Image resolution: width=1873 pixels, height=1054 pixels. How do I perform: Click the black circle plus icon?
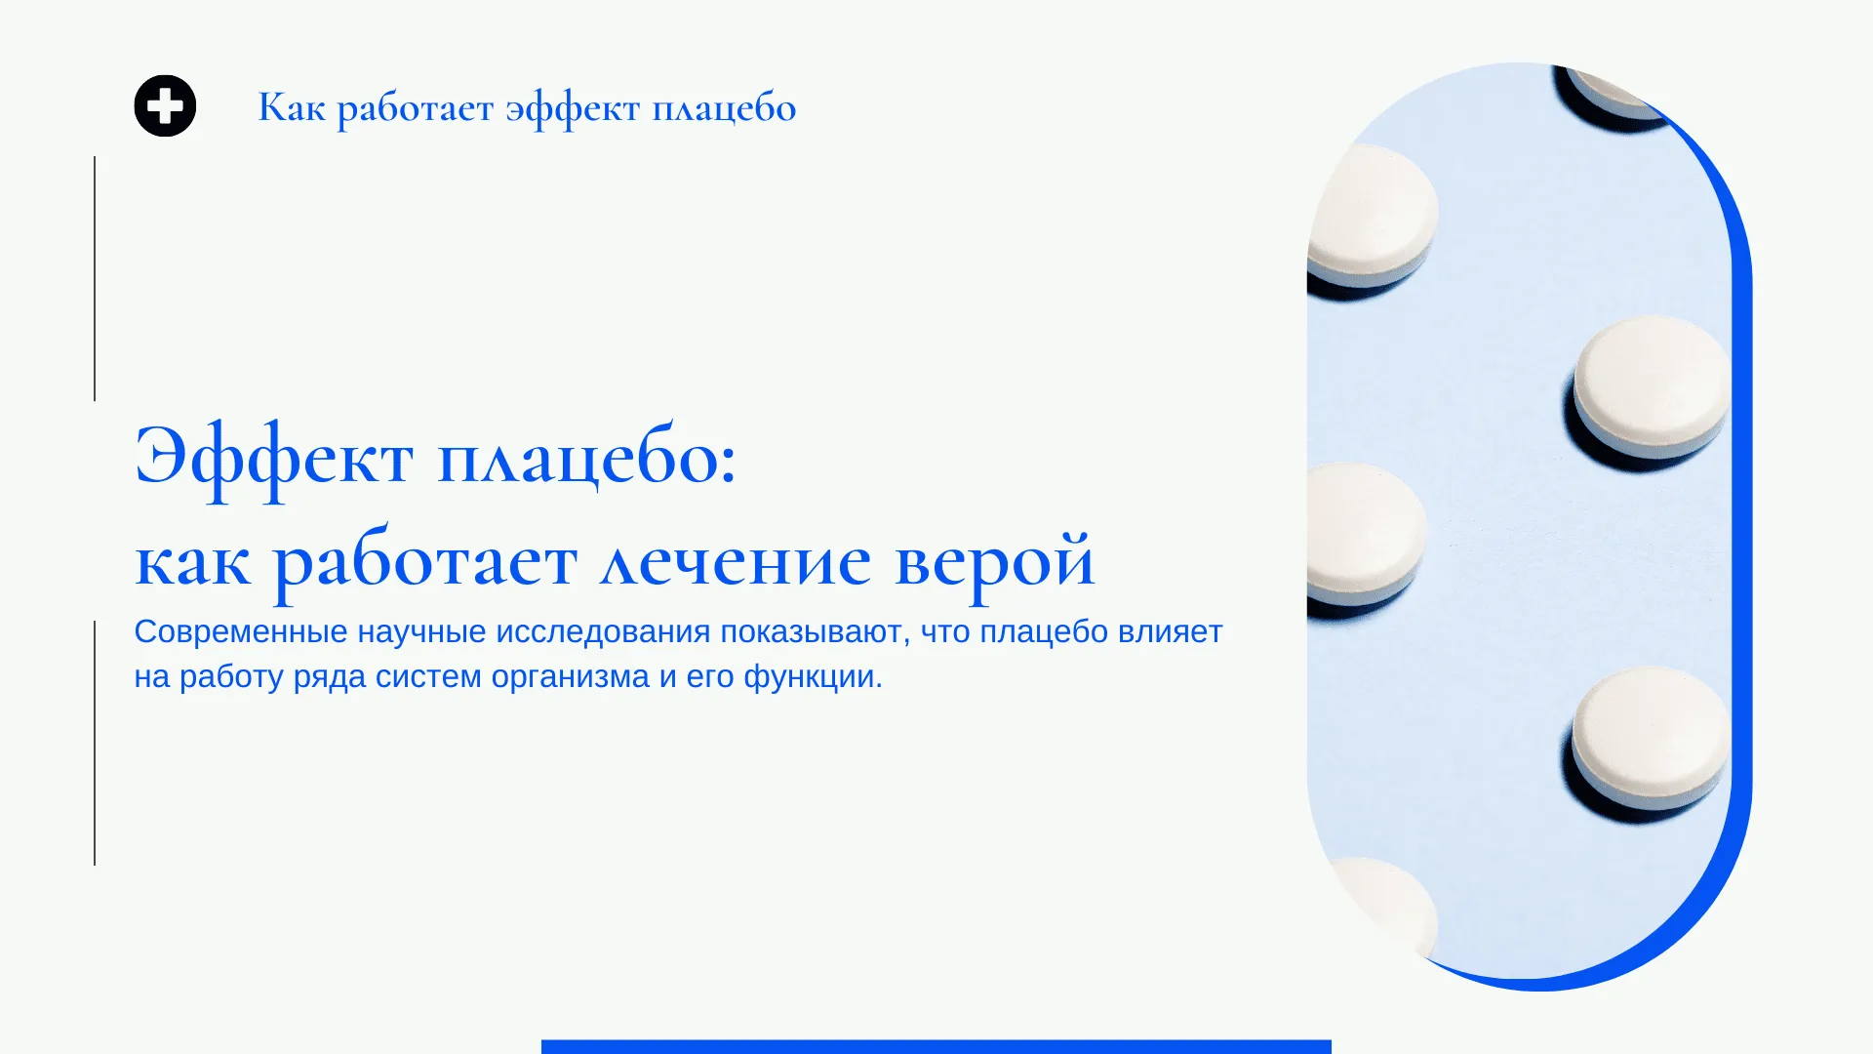coord(165,105)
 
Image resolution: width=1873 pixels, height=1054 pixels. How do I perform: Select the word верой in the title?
coord(995,563)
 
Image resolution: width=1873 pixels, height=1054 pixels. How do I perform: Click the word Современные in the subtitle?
coord(241,631)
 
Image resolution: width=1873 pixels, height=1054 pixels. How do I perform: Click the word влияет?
coord(1170,631)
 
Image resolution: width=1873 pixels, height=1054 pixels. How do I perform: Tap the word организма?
coord(571,677)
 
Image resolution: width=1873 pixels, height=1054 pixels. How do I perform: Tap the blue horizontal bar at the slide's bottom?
coord(936,1047)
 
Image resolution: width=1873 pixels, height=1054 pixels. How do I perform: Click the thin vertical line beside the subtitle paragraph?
coord(95,743)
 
